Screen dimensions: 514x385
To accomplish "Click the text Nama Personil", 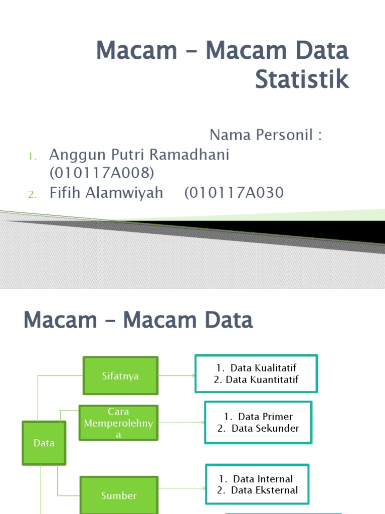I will [265, 135].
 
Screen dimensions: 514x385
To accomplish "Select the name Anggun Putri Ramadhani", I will [139, 155].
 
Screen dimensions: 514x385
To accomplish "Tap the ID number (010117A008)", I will [102, 173].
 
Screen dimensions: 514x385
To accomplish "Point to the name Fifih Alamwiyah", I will [106, 193].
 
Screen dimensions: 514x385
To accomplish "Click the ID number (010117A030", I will [234, 193].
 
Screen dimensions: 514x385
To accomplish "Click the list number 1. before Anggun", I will [33, 157].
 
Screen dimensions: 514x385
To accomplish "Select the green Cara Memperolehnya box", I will [118, 423].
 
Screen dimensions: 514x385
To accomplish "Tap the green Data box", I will [44, 443].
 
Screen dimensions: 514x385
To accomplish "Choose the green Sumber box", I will [118, 495].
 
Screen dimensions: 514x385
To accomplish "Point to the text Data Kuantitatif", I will [262, 380].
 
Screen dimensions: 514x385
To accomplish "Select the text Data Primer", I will [265, 417].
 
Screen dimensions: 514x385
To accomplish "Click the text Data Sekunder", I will [265, 428].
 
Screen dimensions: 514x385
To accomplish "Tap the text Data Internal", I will [263, 479].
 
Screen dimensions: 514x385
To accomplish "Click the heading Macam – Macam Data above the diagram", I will [138, 320].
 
